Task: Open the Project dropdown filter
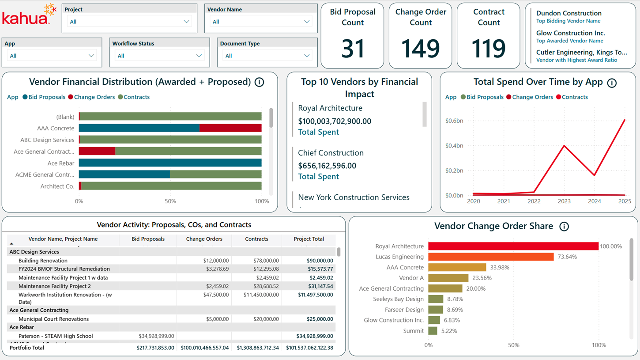point(129,22)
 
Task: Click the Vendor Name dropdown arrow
point(307,22)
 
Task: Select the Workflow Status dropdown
point(159,56)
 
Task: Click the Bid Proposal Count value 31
point(353,48)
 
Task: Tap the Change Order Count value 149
point(421,48)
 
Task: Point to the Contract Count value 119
point(489,48)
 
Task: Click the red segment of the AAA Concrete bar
point(230,128)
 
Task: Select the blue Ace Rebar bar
point(170,163)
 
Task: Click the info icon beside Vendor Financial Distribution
point(260,82)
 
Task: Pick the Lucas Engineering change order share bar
point(491,257)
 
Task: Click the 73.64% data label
point(567,257)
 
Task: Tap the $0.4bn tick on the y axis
point(454,146)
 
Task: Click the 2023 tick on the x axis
point(564,201)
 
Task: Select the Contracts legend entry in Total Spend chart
point(574,97)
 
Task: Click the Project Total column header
point(309,239)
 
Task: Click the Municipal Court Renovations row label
point(53,319)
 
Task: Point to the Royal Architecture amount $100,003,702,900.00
point(335,121)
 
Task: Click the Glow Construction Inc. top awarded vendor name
point(570,33)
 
